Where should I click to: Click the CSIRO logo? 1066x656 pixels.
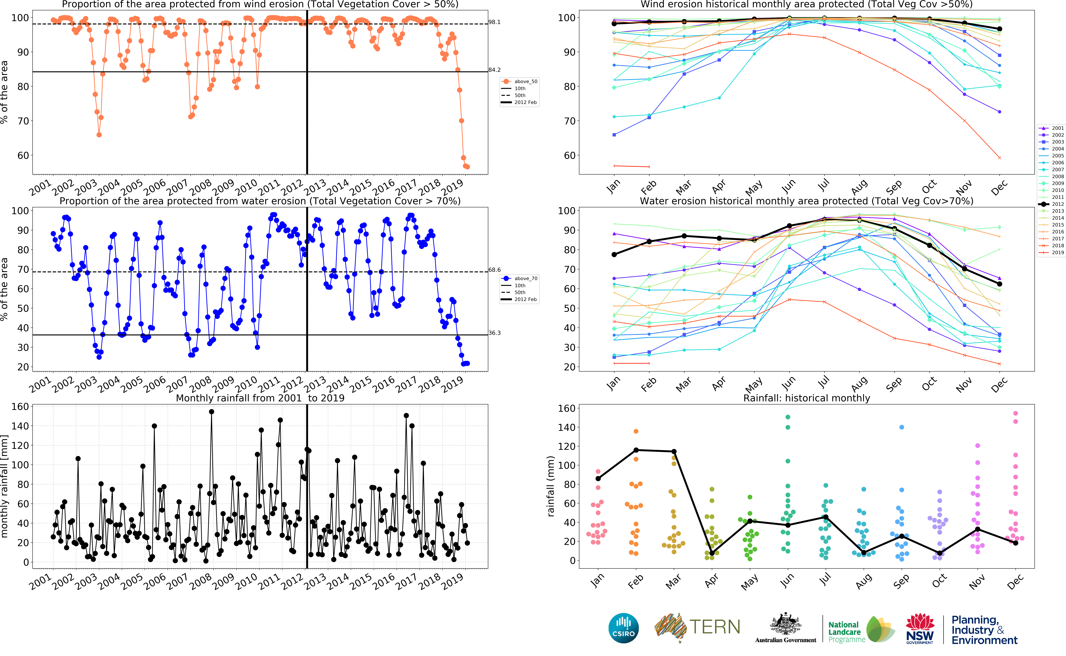[x=624, y=628]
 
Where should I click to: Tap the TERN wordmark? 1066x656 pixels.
[x=715, y=627]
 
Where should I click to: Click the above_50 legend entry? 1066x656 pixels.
[x=525, y=82]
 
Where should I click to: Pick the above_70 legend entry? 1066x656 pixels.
[x=525, y=279]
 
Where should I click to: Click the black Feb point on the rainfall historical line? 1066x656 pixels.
[x=636, y=450]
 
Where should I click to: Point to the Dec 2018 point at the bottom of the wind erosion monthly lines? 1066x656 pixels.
[x=1000, y=158]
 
